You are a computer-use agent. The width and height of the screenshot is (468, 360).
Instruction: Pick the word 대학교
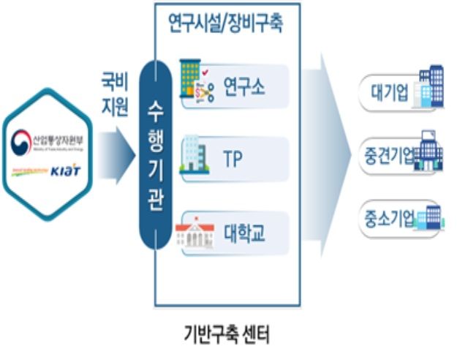(x=244, y=234)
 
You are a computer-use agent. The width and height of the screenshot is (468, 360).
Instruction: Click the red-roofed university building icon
(x=193, y=233)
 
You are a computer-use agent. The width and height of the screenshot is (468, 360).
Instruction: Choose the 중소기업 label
(x=388, y=217)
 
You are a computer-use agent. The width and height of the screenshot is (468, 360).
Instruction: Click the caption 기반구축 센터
(x=226, y=336)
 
